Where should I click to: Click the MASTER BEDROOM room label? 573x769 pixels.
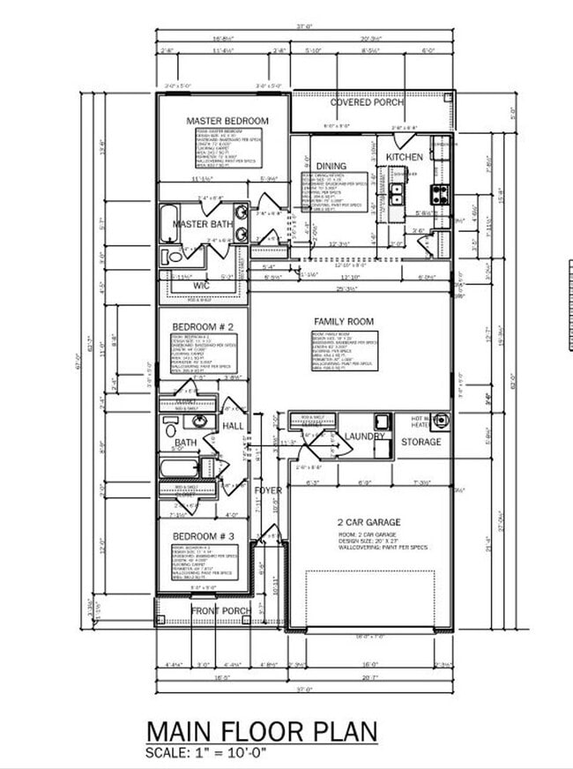tap(227, 121)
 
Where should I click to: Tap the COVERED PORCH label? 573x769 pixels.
tap(368, 102)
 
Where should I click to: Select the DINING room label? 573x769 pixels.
tap(331, 166)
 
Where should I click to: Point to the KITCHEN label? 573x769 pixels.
tap(405, 157)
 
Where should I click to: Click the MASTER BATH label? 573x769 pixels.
tap(202, 225)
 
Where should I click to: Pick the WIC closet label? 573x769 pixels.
tap(201, 286)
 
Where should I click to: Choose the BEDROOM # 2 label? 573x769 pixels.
tap(202, 326)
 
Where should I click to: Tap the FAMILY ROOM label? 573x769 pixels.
tap(344, 322)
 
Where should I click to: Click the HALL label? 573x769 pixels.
tap(233, 426)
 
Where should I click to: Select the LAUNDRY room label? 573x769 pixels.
tap(364, 437)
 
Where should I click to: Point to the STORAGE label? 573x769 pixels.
tap(421, 442)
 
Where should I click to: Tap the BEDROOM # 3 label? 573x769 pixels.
tap(203, 536)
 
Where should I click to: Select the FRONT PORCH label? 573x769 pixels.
tap(220, 610)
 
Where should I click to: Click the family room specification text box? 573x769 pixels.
tap(344, 350)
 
